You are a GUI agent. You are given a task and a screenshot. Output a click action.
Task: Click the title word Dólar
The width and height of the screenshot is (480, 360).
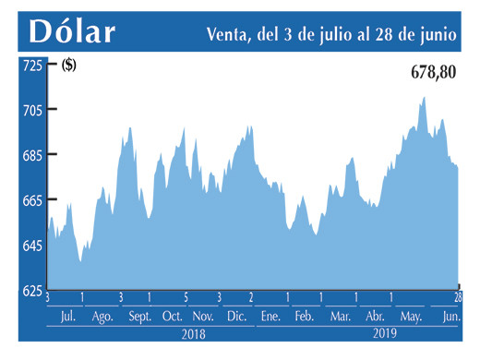point(71,30)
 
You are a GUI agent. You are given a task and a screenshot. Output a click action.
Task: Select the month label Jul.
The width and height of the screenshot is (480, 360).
point(66,317)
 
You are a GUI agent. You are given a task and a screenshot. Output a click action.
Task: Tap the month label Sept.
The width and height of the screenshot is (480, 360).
point(138,317)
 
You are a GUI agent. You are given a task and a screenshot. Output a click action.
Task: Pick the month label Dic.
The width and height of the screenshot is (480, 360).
point(236,317)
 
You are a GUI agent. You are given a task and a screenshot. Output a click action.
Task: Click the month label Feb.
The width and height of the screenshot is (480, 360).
point(305,317)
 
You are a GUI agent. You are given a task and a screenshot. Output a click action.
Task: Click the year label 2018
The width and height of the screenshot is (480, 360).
point(193,334)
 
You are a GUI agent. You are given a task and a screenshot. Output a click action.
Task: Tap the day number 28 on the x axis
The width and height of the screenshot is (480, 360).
point(457,297)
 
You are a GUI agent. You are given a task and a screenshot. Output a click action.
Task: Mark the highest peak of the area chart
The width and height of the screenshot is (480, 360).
point(424,97)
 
